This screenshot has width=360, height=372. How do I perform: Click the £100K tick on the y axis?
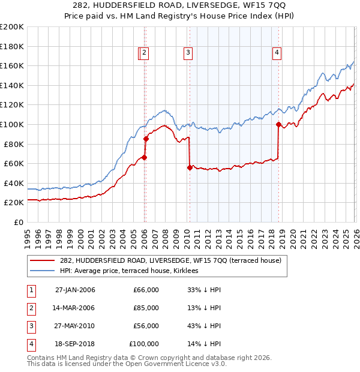[12, 124]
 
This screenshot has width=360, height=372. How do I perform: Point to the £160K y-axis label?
[12, 65]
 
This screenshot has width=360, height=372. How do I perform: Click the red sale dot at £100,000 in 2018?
[278, 124]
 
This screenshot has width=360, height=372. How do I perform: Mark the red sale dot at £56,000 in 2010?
[190, 167]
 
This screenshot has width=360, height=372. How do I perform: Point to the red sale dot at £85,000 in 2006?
[146, 139]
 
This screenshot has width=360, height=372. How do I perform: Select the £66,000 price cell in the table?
[146, 290]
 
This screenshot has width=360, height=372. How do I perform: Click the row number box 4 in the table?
[29, 344]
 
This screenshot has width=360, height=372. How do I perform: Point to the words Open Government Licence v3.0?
[173, 364]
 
